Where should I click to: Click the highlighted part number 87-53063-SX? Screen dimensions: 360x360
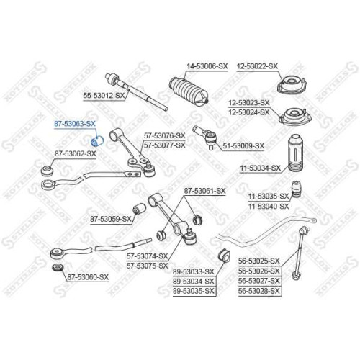point(75,124)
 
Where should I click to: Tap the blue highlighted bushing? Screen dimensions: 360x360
point(97,141)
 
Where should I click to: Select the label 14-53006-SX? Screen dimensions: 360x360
point(207,66)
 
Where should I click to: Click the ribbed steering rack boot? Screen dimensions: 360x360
point(189,91)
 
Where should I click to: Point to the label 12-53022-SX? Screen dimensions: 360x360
point(257,66)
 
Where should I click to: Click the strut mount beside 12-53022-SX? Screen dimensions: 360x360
point(292,86)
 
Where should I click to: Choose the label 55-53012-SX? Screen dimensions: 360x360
point(104,96)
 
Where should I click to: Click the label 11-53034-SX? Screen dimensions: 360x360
point(261,168)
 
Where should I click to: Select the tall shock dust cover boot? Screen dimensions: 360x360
point(295,153)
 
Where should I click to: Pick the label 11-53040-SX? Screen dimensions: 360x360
point(269,206)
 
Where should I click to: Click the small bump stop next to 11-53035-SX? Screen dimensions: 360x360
point(297,189)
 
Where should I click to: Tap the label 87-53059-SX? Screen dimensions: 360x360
point(111,219)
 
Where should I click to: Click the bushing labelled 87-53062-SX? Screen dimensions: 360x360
point(48,170)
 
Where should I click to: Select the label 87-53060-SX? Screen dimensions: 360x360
point(88,277)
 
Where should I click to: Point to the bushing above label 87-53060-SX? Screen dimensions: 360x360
point(58,267)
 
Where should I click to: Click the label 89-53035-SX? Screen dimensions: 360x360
point(194,291)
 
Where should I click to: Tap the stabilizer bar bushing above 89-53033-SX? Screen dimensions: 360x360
point(224,256)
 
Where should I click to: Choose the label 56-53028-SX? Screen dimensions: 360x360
point(259,291)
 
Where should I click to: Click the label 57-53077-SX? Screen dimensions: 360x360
point(165,145)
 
